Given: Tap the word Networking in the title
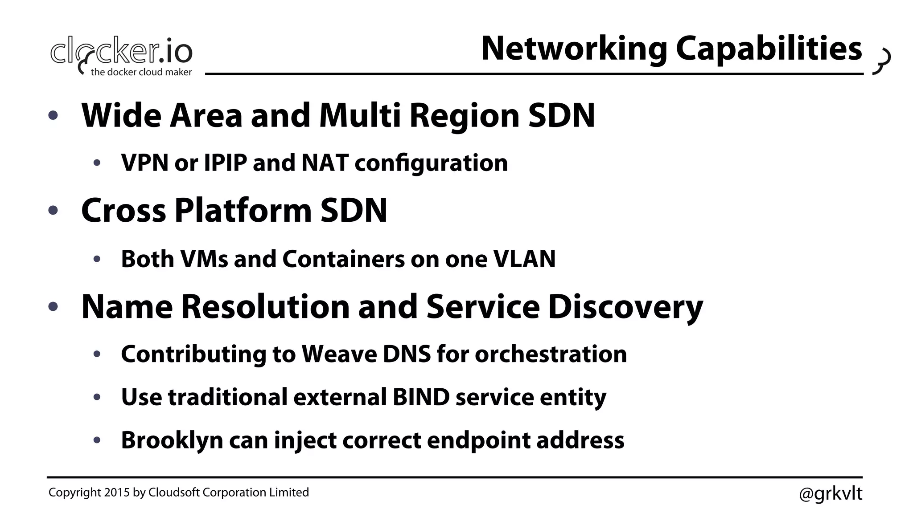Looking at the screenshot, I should click(x=574, y=49).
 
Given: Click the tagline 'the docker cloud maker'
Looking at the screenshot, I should click(x=141, y=72).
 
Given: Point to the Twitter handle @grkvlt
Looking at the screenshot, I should click(x=831, y=493).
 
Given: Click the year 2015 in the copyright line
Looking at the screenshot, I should click(x=117, y=493).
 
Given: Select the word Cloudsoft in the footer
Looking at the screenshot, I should click(x=174, y=493).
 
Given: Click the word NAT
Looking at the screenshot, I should click(x=325, y=163).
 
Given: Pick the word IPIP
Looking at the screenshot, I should click(x=225, y=163).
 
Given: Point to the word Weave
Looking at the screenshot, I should click(x=339, y=354).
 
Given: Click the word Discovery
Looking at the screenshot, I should click(x=625, y=307).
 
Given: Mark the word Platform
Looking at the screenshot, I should click(x=243, y=210).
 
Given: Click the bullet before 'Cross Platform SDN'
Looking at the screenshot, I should click(x=53, y=210).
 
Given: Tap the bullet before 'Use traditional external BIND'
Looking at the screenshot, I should click(x=97, y=397).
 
